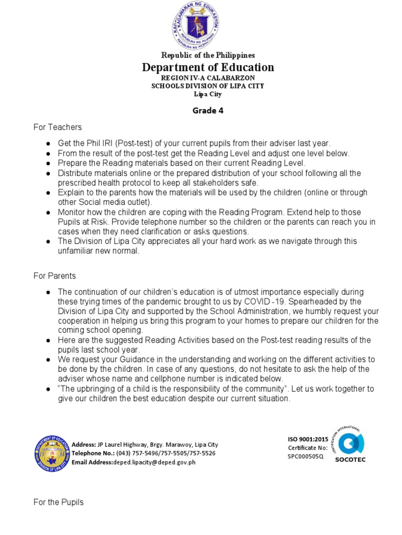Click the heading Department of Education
(208, 67)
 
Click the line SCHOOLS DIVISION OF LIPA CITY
(208, 86)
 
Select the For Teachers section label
(58, 127)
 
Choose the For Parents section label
(55, 276)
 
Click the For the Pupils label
(59, 502)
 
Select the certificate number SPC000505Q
(306, 456)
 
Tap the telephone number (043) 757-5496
(129, 453)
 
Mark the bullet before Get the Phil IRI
(48, 144)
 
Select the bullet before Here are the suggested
(48, 341)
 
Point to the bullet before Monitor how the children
(48, 213)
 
